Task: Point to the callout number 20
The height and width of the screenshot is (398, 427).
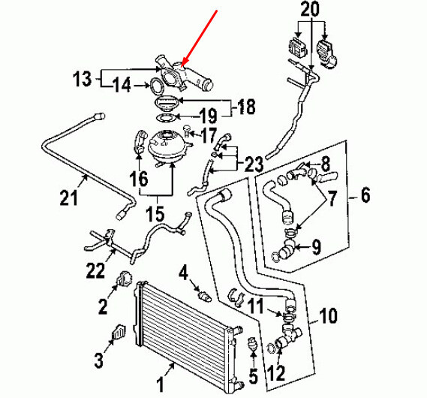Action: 309,11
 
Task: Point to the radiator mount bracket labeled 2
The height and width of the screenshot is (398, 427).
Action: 122,282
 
